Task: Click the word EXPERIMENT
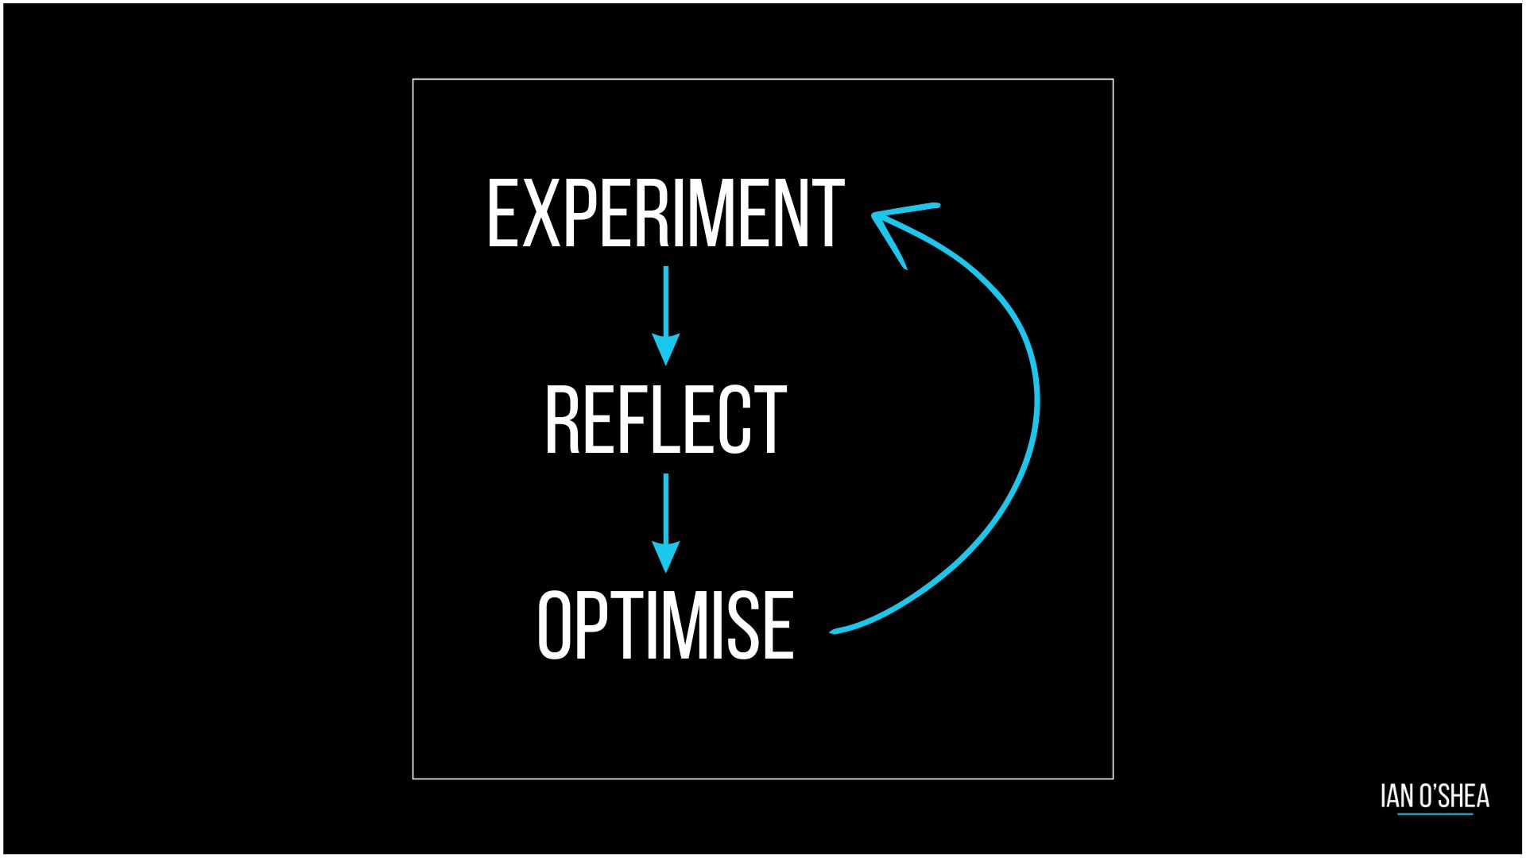[x=665, y=214]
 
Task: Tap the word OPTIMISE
[x=665, y=625]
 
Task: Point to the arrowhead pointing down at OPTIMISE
[x=666, y=555]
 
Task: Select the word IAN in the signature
[x=1397, y=796]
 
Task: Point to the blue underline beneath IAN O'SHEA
[x=1435, y=814]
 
